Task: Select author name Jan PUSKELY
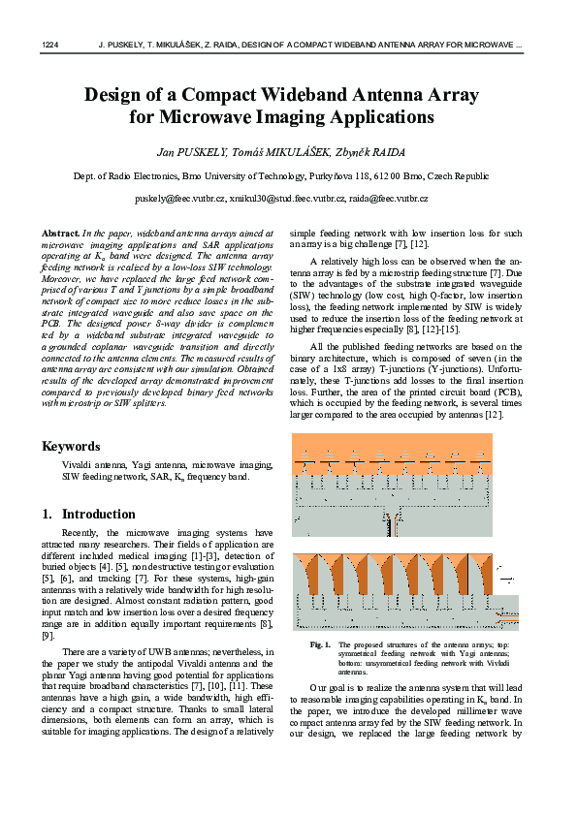(191, 152)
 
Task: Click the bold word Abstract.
(60, 234)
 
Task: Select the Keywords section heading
(70, 447)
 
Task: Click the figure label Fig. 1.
(320, 644)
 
